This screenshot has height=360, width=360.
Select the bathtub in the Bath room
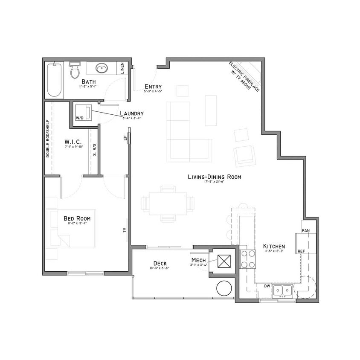(54, 79)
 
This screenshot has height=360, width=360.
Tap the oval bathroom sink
(102, 68)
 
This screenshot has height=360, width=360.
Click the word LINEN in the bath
(122, 68)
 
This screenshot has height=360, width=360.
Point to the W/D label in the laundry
(79, 118)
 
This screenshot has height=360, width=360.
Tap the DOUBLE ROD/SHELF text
(48, 138)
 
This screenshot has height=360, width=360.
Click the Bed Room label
(77, 218)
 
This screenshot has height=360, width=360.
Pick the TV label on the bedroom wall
(125, 230)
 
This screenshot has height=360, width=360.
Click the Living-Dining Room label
(214, 177)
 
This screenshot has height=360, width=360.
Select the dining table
(168, 203)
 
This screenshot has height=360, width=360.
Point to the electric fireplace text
(244, 76)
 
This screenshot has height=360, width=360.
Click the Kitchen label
(274, 247)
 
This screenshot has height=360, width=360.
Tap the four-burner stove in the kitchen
(247, 259)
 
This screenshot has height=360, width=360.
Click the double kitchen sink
(282, 290)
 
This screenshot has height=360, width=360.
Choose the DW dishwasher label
(267, 286)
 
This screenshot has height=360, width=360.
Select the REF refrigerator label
(301, 251)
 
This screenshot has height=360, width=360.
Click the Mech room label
(198, 260)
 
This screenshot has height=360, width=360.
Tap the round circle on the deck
(224, 288)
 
